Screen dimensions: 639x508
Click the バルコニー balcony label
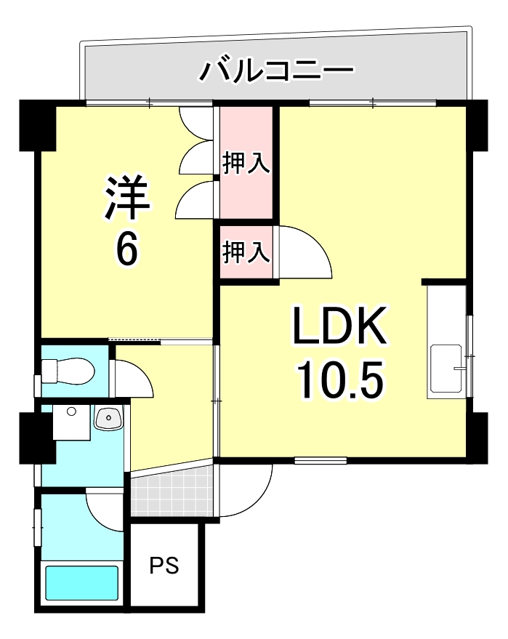(276, 71)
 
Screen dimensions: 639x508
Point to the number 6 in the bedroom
(126, 251)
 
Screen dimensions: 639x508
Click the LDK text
(338, 328)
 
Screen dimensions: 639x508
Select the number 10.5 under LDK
(338, 379)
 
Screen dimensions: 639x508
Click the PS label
(164, 565)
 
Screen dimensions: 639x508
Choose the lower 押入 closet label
(246, 252)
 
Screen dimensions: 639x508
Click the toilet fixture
(68, 372)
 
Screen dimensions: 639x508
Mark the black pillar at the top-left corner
(36, 126)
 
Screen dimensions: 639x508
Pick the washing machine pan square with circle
(70, 422)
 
